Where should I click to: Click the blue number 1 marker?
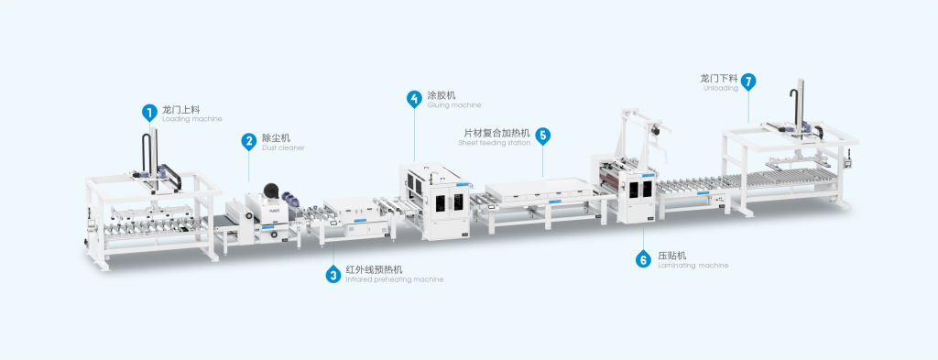[x=149, y=112]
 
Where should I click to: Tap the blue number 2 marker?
[x=249, y=141]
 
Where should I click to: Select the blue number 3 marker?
[x=333, y=275]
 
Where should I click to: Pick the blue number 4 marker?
[x=414, y=99]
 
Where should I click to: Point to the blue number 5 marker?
[x=542, y=136]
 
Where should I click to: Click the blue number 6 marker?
[x=643, y=259]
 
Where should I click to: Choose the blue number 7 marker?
[x=747, y=82]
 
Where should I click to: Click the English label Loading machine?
[x=191, y=119]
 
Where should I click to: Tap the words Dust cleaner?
[x=283, y=147]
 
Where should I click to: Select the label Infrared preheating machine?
[x=395, y=279]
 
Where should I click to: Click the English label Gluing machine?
[x=454, y=105]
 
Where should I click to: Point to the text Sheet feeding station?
[x=494, y=143]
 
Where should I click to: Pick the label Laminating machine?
[x=693, y=265]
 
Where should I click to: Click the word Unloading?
[x=721, y=88]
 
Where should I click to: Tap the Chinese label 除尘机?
[x=277, y=137]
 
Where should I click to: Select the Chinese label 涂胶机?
[x=442, y=95]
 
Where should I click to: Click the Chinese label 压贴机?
[x=672, y=256]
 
